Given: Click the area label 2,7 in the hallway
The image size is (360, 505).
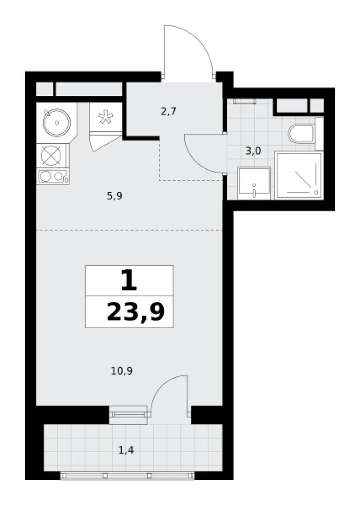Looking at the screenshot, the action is coord(168,112).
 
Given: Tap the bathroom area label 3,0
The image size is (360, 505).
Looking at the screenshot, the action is coord(253,151).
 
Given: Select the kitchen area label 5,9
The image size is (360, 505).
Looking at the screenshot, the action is coord(115,196).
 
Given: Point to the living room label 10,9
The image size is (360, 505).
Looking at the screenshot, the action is coord(122,371).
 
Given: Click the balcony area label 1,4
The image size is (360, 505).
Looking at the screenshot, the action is coord(126,450).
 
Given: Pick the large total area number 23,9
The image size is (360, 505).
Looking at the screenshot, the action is coord(136,312).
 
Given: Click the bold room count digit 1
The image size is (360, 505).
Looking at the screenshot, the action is coord(129,281).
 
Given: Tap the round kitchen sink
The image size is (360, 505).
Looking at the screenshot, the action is coord(57,123).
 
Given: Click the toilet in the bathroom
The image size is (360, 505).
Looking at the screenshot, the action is coord(302,134).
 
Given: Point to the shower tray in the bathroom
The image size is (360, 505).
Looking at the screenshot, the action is coord(299,175).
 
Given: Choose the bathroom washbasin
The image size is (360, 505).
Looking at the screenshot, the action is coord(254,183).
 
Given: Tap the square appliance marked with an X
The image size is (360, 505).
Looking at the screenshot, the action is coord(51,156).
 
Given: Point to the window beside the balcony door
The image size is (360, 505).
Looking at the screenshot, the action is coord(128,415).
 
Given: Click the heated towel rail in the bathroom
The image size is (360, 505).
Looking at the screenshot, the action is coord(245,101).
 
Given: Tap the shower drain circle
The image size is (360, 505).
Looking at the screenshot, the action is coord(316,192).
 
